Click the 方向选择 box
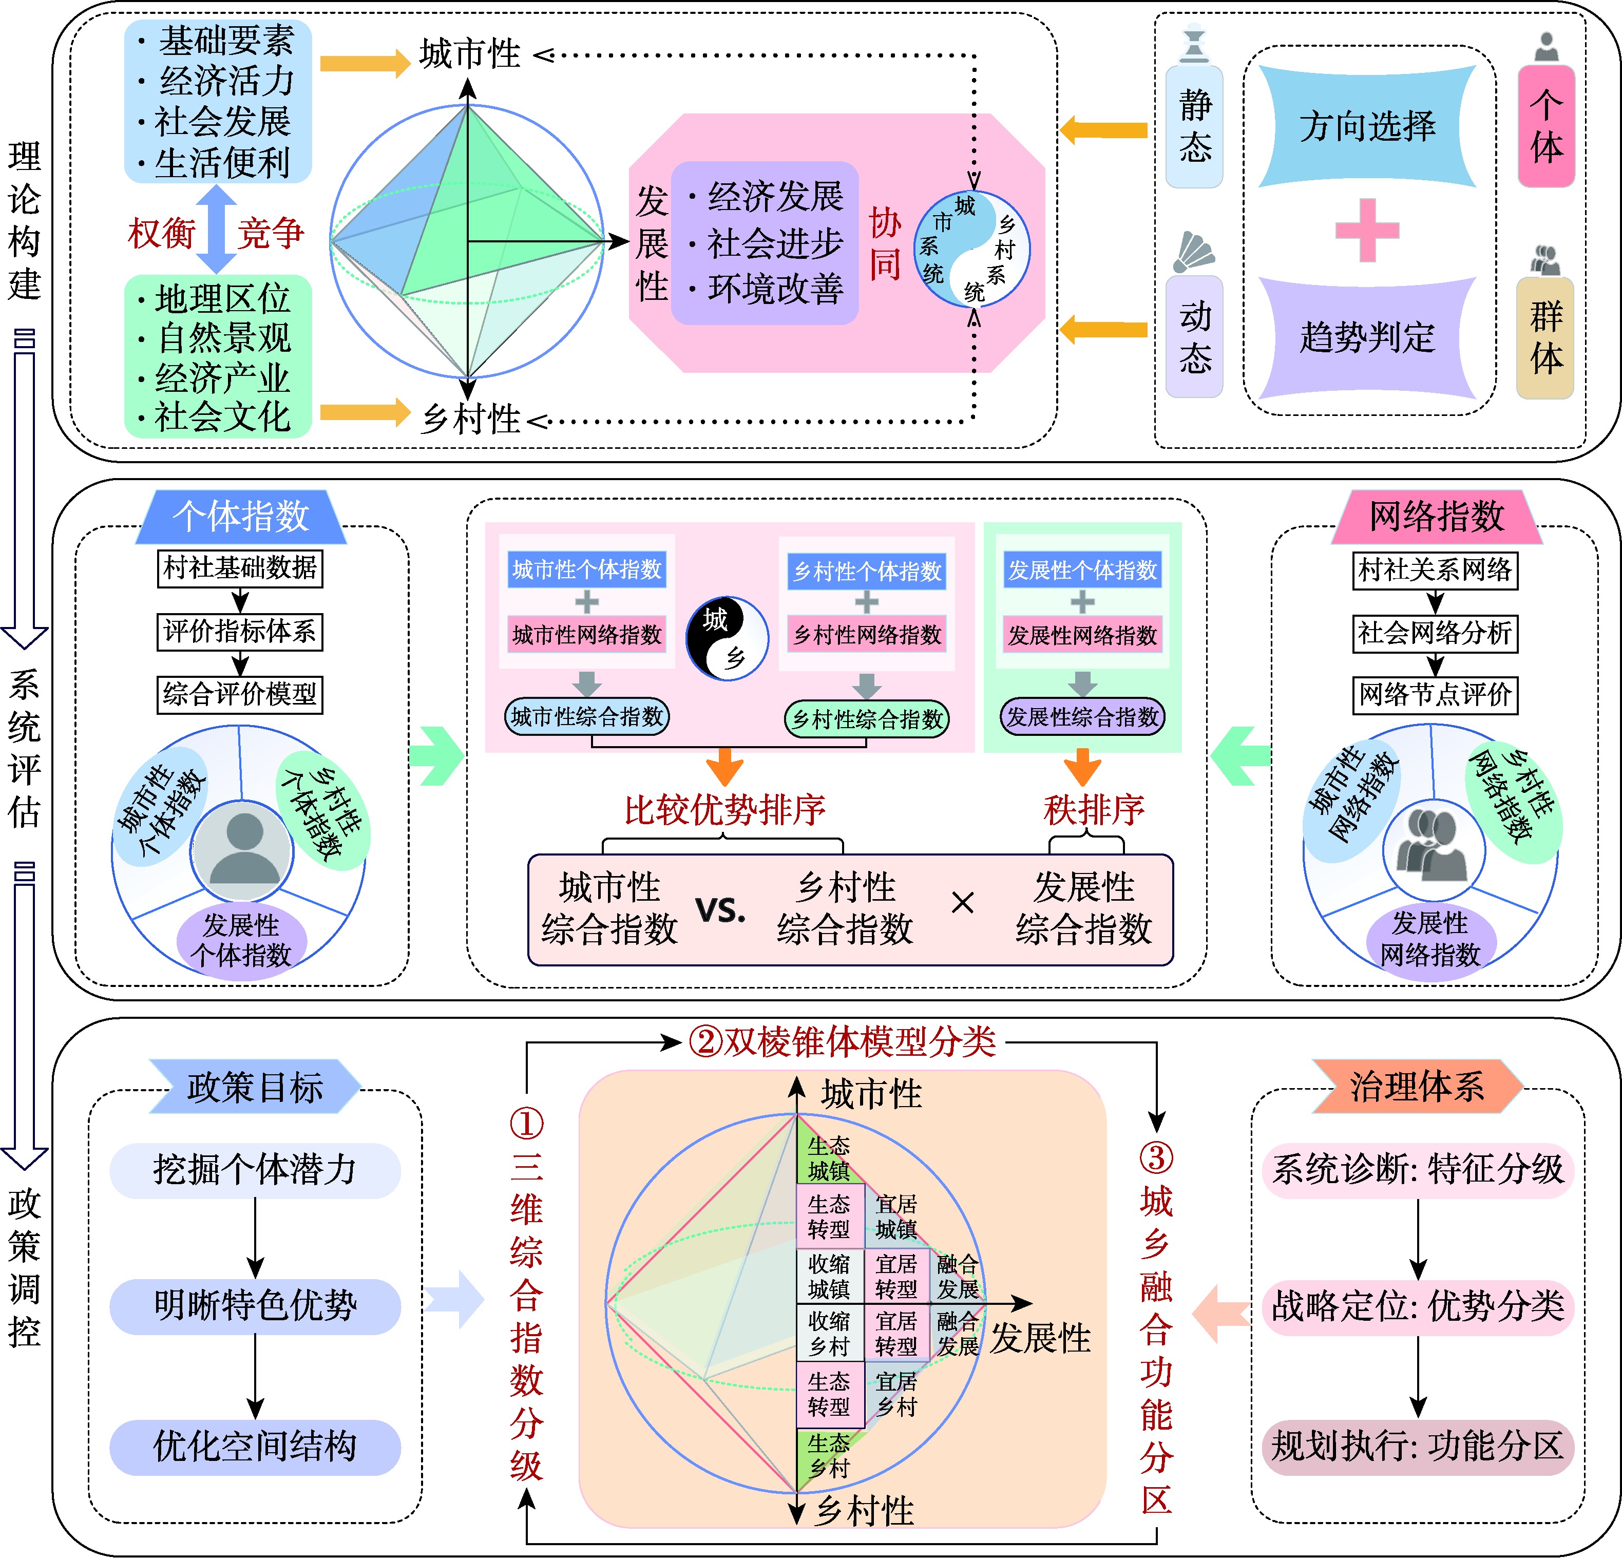point(1367,127)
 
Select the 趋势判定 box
point(1367,337)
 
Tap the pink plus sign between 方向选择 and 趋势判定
point(1367,230)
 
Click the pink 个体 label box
point(1546,127)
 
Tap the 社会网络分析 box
point(1435,633)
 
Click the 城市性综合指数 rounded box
point(587,717)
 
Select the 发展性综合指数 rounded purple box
point(1082,717)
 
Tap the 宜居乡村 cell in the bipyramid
point(896,1394)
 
